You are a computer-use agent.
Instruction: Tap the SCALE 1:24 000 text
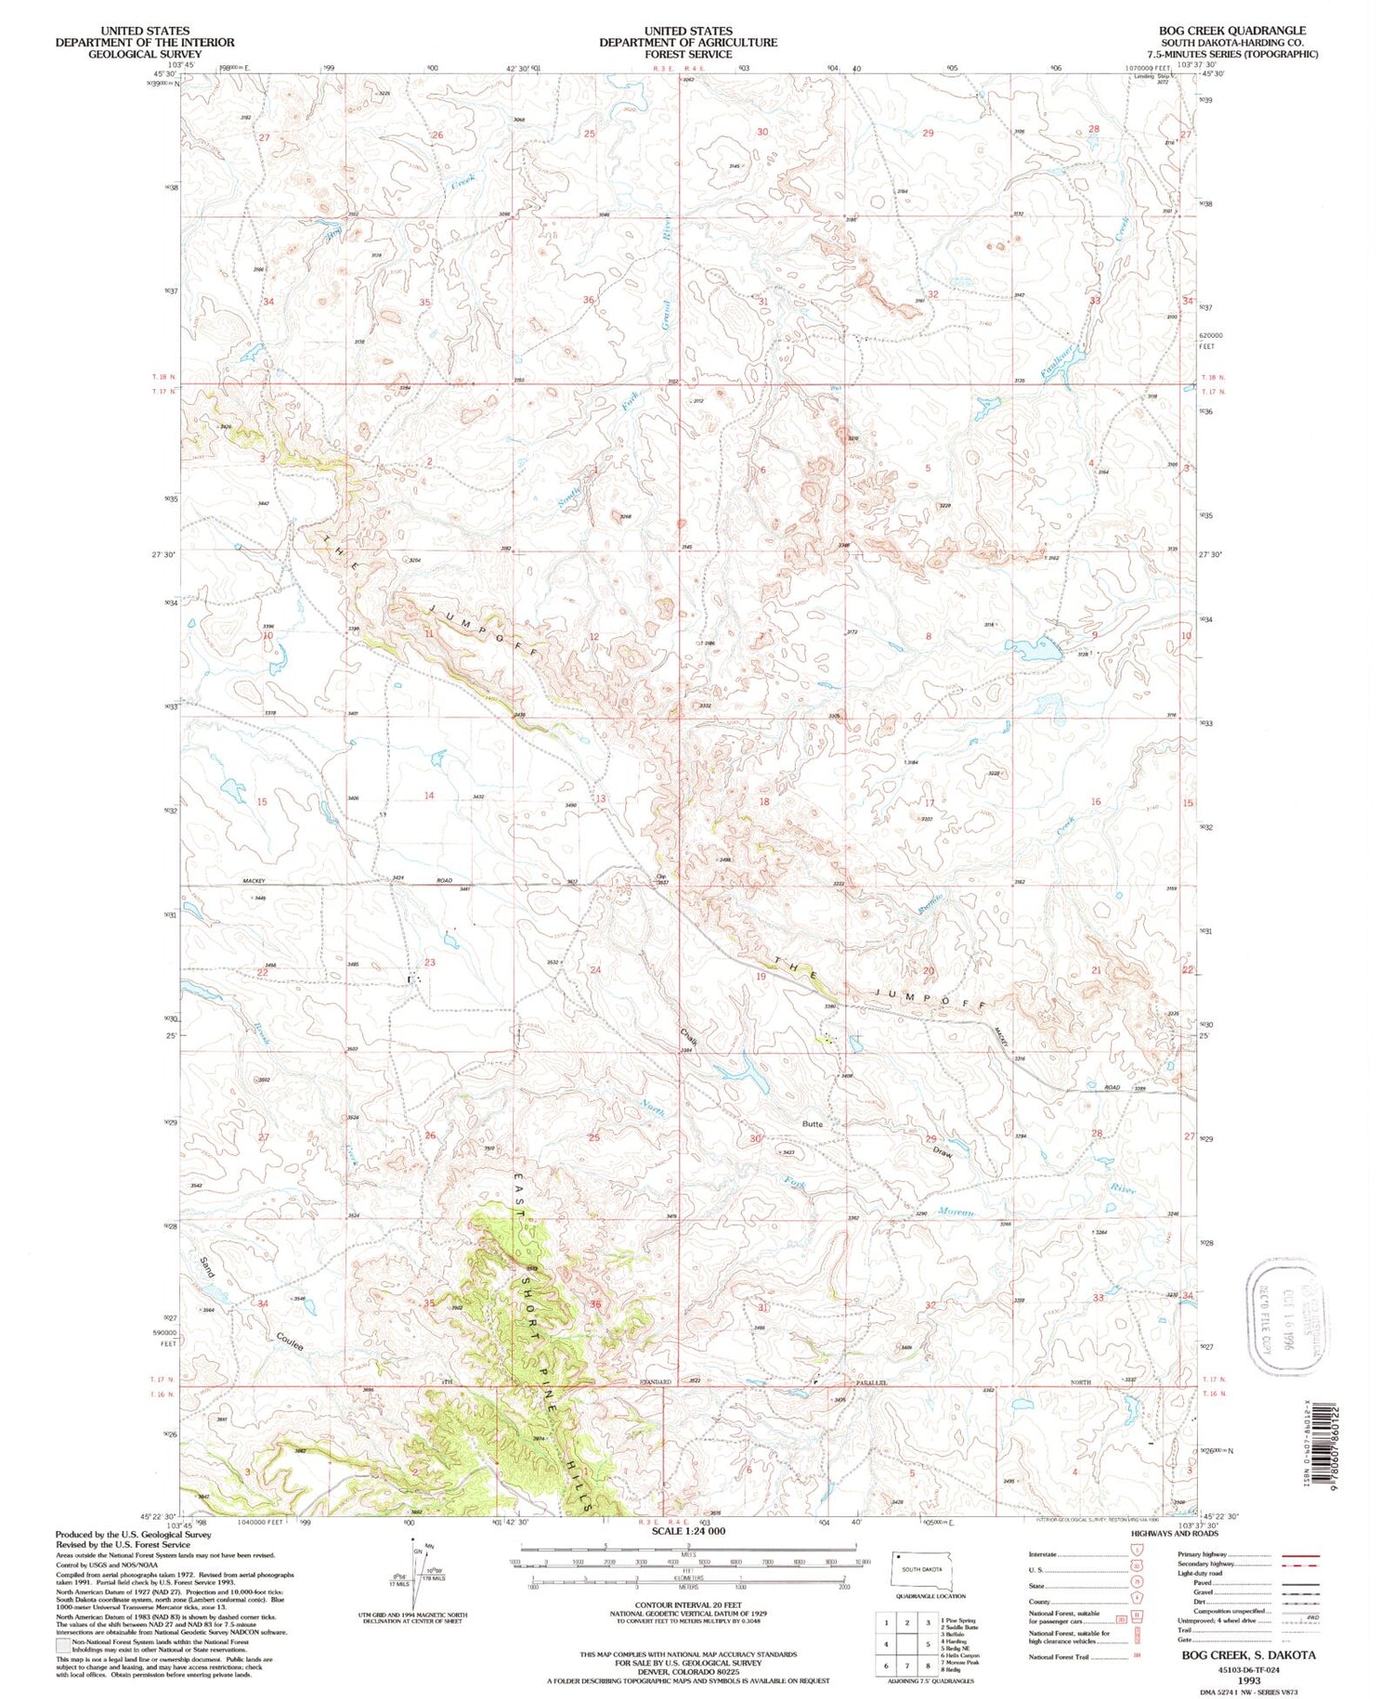pos(688,1531)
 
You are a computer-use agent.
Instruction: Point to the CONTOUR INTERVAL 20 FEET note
pos(688,1604)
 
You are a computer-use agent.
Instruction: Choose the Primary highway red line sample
pos(1300,1554)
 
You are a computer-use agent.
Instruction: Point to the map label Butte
pos(813,1123)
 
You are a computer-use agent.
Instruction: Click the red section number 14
pos(429,796)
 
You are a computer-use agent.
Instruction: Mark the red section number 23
pos(429,963)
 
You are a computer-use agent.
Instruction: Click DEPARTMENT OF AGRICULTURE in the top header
pos(688,43)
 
